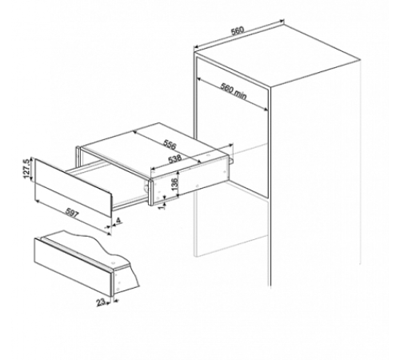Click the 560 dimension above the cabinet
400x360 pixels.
(237, 30)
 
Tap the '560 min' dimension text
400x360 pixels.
(234, 91)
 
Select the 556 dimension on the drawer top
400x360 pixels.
(170, 144)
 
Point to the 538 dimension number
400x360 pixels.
(175, 159)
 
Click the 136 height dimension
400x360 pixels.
(175, 184)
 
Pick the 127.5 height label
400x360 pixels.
(26, 169)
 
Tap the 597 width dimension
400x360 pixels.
(72, 213)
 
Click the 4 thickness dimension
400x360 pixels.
(118, 221)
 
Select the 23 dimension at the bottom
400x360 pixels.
(101, 302)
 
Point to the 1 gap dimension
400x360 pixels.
(161, 206)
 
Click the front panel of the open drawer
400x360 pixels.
(73, 188)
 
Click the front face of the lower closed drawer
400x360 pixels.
(73, 267)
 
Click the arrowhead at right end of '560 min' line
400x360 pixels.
(266, 109)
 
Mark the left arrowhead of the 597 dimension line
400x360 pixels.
(37, 201)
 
